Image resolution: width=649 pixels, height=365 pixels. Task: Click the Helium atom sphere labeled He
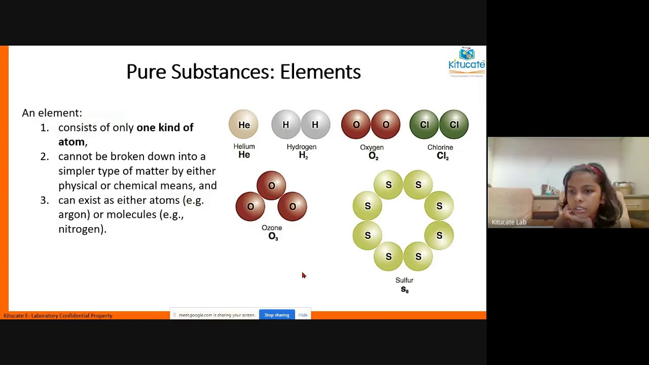point(244,125)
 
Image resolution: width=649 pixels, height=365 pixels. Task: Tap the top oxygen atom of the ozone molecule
point(271,186)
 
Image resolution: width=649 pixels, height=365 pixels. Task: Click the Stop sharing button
point(277,315)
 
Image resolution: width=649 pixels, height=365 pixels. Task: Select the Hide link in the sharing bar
point(303,315)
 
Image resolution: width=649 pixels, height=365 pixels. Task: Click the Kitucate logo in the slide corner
point(466,62)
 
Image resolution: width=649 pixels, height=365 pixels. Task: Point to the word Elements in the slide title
point(320,72)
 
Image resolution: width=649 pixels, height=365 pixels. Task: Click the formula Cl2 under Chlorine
point(443,156)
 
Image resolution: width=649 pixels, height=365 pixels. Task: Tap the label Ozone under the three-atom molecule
point(272,228)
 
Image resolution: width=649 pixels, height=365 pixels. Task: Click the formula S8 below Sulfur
point(405,289)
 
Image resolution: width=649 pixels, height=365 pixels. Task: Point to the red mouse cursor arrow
point(303,275)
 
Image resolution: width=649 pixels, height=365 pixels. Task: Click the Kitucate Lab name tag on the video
point(509,222)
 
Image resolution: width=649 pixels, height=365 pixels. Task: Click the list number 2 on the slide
point(45,157)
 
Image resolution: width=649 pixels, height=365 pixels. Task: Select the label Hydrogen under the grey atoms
point(301,147)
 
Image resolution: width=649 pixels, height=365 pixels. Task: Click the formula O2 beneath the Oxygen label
point(373,156)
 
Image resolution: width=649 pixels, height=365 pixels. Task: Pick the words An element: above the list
point(52,113)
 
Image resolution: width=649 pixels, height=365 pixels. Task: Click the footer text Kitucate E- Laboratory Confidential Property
point(58,315)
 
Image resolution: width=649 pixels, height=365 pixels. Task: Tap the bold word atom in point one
point(71,142)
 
